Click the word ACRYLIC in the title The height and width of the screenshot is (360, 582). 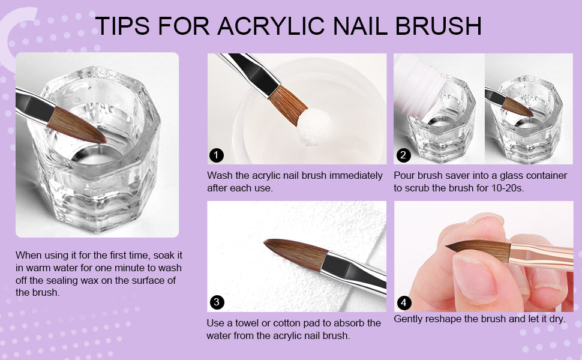272,26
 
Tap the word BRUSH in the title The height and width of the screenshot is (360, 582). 439,26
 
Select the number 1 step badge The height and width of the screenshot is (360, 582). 217,155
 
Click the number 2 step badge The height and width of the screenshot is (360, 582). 403,155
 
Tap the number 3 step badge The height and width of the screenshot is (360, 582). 217,302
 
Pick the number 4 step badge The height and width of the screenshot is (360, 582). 404,303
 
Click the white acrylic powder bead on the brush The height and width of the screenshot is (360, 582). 315,126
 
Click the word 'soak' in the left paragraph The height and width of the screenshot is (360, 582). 164,256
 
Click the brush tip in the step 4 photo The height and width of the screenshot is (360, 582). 447,247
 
